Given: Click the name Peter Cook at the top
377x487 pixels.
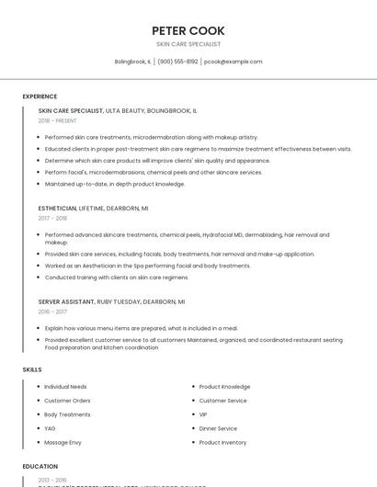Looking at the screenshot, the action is click(x=188, y=30).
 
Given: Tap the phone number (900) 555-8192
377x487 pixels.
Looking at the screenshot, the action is click(x=177, y=62).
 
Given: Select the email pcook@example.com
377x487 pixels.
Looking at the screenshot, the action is click(x=233, y=62).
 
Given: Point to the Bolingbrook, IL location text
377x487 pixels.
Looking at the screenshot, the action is click(x=132, y=62).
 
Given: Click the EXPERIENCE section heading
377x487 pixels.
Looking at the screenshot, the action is click(x=40, y=96).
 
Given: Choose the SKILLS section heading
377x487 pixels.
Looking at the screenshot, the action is click(x=31, y=369).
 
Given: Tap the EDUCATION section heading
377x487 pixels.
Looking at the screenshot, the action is click(x=40, y=467).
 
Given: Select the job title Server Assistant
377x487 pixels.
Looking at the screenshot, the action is click(x=66, y=301).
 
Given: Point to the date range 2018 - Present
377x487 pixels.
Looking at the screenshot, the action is click(x=57, y=120).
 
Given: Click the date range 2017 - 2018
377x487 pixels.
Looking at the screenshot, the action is click(x=52, y=219).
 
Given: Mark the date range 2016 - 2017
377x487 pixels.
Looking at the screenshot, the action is click(x=52, y=311).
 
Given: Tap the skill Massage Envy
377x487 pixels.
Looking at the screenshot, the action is click(x=63, y=443).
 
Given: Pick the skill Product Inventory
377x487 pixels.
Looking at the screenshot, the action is click(x=223, y=443).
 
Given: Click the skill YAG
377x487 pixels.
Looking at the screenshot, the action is click(x=50, y=428).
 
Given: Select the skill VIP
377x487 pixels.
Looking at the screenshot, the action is click(x=203, y=414).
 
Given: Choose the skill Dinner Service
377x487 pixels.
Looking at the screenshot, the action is click(x=218, y=428).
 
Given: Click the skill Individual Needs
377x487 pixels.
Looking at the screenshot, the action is click(x=65, y=387).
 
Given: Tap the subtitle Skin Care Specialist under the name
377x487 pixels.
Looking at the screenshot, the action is click(x=188, y=44).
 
